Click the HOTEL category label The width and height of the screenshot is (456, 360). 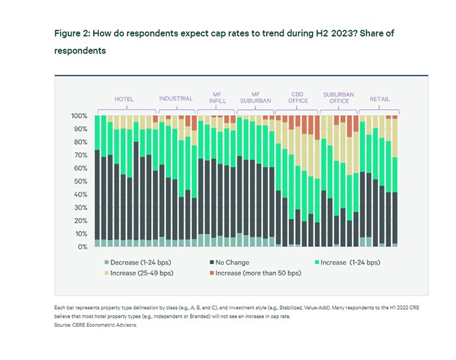124,99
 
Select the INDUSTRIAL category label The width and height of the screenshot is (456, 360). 176,99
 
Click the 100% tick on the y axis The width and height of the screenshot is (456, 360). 79,116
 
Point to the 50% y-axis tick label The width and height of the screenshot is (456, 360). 80,182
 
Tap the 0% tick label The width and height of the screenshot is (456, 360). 83,247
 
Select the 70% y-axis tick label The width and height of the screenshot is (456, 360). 80,155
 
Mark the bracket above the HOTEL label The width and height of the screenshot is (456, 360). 124,108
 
